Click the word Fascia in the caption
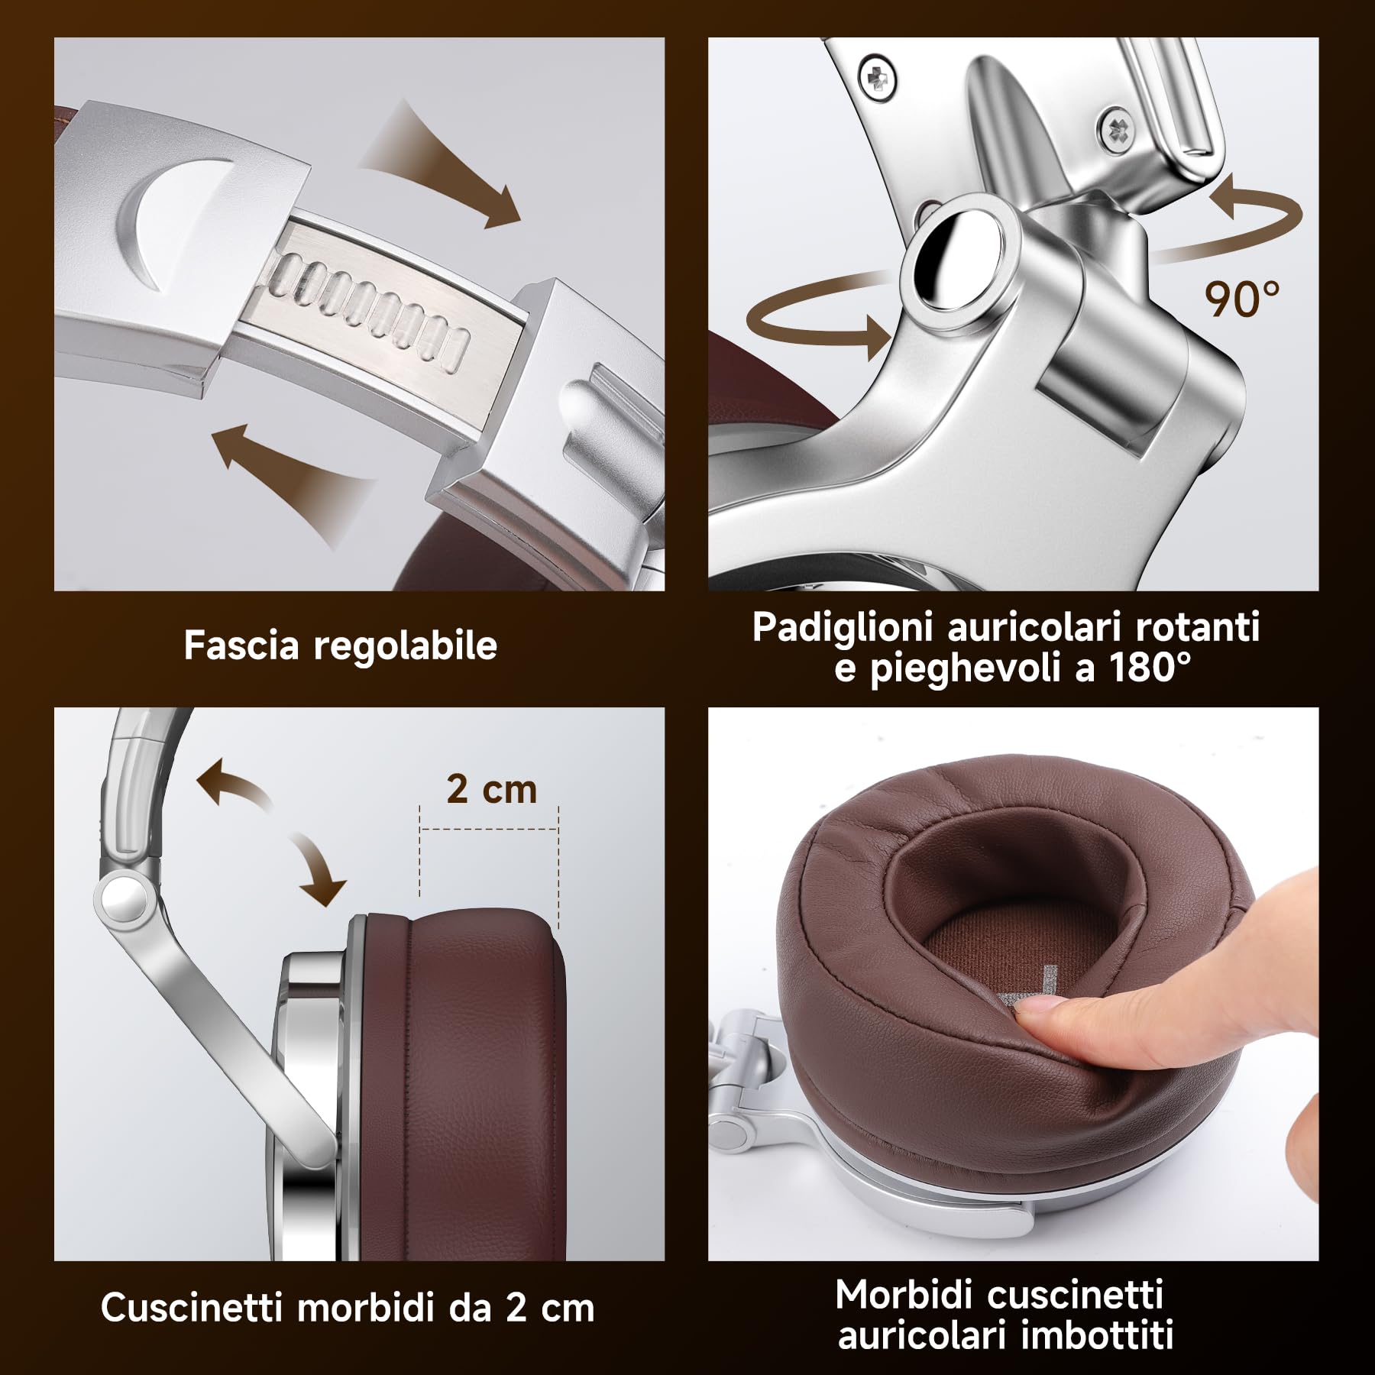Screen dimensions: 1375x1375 point(241,645)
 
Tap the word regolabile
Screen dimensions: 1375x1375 point(406,647)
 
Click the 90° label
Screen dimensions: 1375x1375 point(1242,299)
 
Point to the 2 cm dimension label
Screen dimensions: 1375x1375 point(491,789)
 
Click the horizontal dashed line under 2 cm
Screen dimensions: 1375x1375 point(490,828)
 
